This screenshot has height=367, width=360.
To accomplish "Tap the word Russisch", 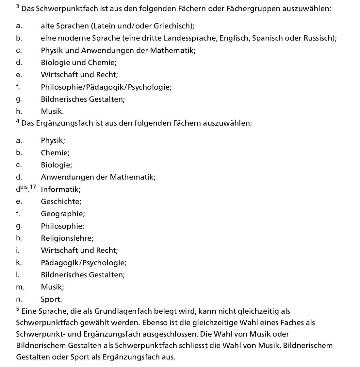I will click(319, 38).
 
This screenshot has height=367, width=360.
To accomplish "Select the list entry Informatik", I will click(60, 189).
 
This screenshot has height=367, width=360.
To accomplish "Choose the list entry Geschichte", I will click(61, 201).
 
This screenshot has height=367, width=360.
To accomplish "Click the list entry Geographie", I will click(62, 214).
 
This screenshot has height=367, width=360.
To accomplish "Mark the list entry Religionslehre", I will click(67, 238).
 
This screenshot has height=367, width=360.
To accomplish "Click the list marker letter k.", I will click(19, 263).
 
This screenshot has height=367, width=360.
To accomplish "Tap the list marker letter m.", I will click(20, 287).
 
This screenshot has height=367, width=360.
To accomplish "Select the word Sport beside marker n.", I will click(51, 299).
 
